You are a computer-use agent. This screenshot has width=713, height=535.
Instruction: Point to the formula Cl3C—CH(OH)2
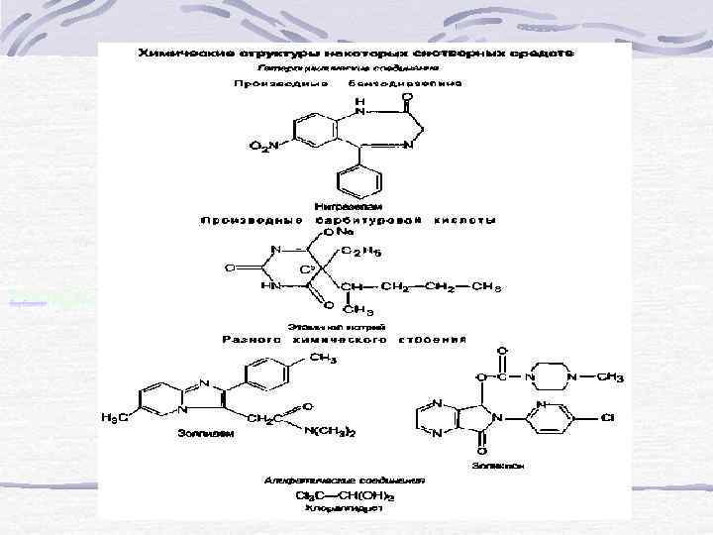coord(342,494)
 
